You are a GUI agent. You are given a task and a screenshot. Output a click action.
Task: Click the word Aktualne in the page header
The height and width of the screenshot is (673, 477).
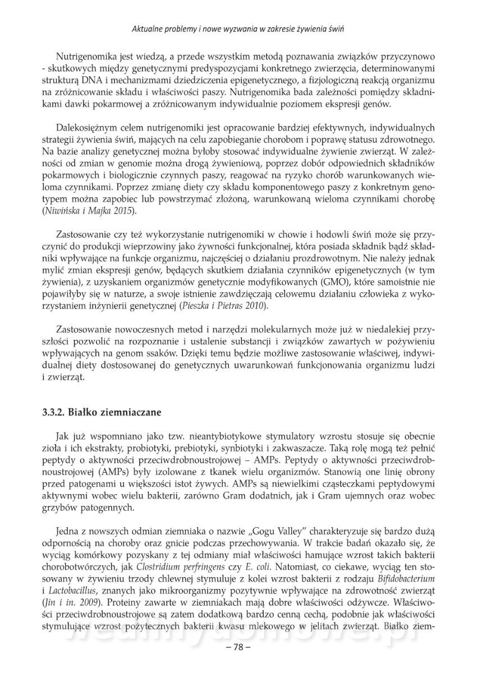147,27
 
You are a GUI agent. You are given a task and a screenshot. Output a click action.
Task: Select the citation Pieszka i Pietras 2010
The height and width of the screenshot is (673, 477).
222,306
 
